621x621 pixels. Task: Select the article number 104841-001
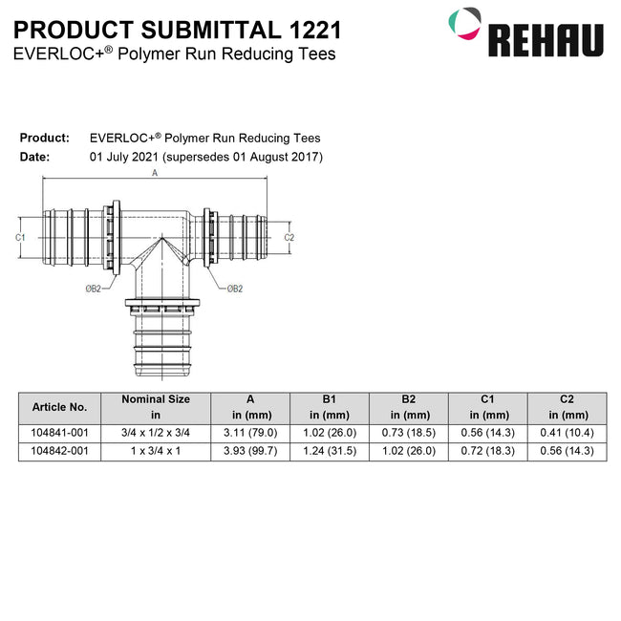coord(59,433)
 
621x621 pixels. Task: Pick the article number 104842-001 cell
coord(59,451)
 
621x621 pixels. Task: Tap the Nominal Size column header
coord(156,406)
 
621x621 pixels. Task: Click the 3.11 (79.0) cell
coord(249,433)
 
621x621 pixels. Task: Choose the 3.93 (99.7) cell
coord(249,451)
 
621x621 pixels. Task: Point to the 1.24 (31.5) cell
coord(330,451)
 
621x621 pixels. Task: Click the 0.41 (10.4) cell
coord(567,433)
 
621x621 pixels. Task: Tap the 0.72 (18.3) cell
coord(488,451)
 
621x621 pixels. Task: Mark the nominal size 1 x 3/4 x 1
coord(156,451)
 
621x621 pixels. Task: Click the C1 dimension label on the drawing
coord(20,236)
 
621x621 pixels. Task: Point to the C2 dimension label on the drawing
coord(289,236)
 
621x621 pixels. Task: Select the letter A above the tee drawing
coord(155,174)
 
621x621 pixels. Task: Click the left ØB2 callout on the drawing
coord(93,288)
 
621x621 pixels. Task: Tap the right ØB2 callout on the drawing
coord(234,288)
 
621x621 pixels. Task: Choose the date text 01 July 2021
coord(125,156)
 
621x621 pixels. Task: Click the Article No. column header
coord(59,406)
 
